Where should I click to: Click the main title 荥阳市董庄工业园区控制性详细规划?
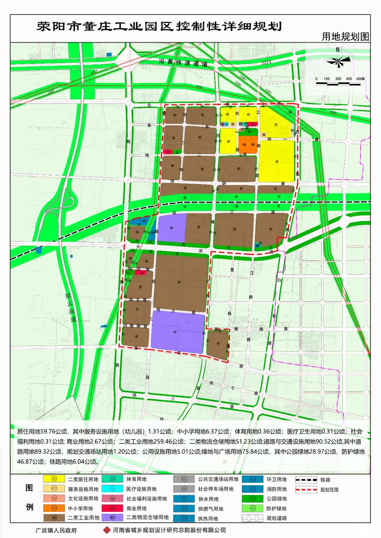point(159,26)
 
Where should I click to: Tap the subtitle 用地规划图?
point(345,37)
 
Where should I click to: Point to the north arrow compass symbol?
point(338,62)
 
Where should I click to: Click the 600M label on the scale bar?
point(360,79)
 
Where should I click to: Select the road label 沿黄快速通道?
point(183,63)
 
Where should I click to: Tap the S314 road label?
point(266,62)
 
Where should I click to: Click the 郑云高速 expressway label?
point(70,307)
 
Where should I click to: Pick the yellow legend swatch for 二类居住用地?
point(54,479)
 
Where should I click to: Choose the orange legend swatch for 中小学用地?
point(54,508)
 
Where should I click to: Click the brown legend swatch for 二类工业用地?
point(54,518)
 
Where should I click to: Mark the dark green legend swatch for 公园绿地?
point(252,499)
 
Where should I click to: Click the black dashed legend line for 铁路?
point(306,480)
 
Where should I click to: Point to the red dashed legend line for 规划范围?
point(306,490)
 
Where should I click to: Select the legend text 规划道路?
point(277,518)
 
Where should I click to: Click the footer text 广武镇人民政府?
point(56,530)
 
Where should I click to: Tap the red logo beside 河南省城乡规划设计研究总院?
point(107,530)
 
